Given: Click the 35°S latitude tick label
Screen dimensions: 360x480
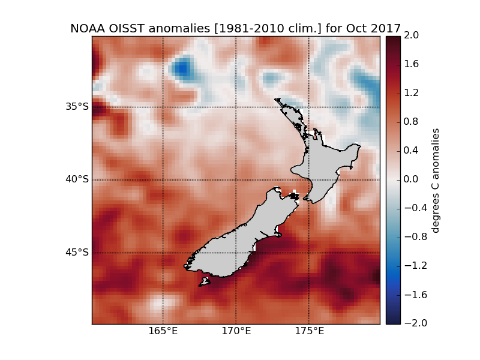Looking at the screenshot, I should point(77,107).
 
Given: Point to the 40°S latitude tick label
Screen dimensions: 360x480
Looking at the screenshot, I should point(77,179).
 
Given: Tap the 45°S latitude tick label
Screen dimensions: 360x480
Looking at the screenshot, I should point(77,252).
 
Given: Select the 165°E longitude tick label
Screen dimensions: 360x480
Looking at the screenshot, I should point(163,331).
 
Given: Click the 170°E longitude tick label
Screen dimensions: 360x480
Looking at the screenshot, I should point(236,331).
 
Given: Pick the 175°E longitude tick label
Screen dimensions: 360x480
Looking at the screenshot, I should point(308,331).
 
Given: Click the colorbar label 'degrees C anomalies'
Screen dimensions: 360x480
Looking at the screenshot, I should point(436,179).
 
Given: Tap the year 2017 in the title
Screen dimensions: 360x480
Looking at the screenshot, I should point(386,28).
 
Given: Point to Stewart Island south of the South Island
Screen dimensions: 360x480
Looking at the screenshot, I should point(205,281).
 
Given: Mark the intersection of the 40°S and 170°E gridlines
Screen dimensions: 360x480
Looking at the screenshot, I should point(236,179).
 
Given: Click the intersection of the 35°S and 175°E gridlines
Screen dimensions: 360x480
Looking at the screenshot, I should point(308,107).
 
